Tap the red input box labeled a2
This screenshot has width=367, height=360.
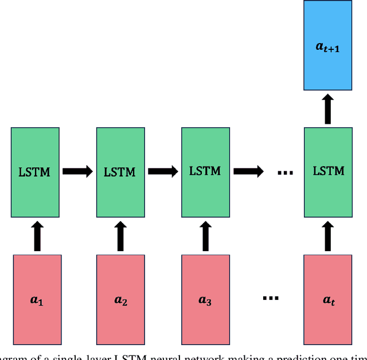coord(120,299)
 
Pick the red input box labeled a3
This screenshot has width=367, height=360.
coord(205,299)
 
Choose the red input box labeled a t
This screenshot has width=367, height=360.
coord(327,299)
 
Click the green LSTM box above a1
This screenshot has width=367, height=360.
coord(34,172)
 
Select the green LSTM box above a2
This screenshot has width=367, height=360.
coord(120,172)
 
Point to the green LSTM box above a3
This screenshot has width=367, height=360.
coord(205,172)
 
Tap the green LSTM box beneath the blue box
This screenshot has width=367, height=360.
coord(327,172)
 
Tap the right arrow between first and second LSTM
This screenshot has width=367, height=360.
coord(77,171)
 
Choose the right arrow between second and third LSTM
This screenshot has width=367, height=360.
coord(163,171)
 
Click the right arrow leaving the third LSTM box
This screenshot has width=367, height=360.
coord(248,171)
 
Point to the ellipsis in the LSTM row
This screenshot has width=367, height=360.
coord(285,172)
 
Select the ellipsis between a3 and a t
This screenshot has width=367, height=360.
coord(270,298)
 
